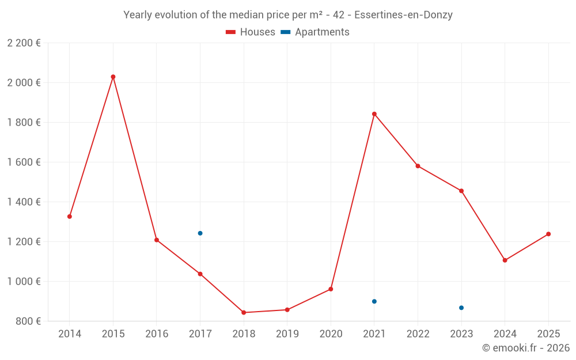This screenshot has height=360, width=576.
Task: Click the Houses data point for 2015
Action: [x=113, y=77]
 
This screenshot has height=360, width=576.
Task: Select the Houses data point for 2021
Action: [x=374, y=114]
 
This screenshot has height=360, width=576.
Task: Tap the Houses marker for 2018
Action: [x=244, y=313]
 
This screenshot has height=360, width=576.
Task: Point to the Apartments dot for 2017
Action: [x=200, y=233]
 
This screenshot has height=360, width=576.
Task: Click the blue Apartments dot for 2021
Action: [x=374, y=301]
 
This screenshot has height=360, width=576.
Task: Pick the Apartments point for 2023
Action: [x=461, y=308]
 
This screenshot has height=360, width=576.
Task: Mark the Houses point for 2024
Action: [x=505, y=260]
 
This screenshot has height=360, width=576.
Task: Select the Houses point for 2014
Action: [x=70, y=217]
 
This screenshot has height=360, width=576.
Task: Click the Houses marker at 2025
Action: [x=548, y=234]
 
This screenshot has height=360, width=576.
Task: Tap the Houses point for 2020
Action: [x=331, y=289]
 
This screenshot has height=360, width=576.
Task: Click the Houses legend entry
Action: [x=251, y=32]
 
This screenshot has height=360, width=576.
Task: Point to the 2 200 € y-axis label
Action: [x=24, y=43]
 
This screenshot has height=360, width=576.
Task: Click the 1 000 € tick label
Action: [x=24, y=282]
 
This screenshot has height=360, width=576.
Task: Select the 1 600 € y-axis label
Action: [x=24, y=162]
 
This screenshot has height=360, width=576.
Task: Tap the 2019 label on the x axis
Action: [x=287, y=334]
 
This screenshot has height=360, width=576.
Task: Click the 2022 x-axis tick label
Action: [x=418, y=334]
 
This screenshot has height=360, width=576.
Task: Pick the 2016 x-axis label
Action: [x=157, y=334]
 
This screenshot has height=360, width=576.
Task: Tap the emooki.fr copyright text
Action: [x=526, y=348]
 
